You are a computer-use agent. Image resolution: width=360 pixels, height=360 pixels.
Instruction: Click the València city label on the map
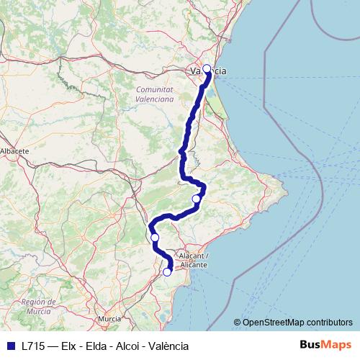tap(207, 71)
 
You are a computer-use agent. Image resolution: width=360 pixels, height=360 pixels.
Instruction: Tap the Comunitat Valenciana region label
tap(155, 94)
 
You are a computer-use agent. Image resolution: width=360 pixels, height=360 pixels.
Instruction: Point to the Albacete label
tap(14, 151)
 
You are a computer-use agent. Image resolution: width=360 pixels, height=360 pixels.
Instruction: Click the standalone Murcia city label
tap(109, 318)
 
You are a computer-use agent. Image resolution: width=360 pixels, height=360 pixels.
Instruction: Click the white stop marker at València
tap(207, 69)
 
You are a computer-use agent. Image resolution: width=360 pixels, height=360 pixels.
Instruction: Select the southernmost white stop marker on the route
tap(167, 272)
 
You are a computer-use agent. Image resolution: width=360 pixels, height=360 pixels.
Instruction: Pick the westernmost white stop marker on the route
tap(154, 237)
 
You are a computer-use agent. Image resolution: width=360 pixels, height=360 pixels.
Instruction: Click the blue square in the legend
tap(10, 346)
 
